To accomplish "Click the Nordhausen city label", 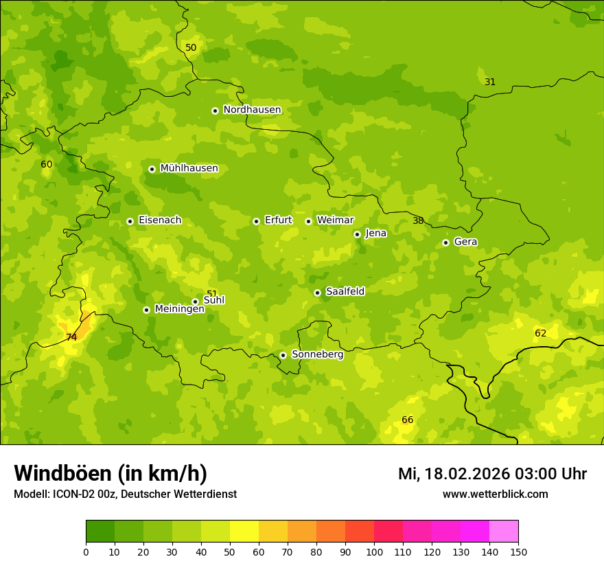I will coord(252,110).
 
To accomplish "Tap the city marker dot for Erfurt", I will coord(256,221).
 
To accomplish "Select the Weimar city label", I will coord(335,220).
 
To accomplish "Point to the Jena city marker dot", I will coord(357,234).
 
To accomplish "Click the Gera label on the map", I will coord(465,242).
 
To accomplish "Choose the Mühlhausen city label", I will coord(189,168).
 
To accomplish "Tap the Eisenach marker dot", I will coord(130,221).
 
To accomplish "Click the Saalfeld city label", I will coord(345,291).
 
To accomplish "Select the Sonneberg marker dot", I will coord(283,355).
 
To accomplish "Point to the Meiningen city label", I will coord(179,309).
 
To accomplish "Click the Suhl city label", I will coord(214,300).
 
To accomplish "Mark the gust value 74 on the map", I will coord(71,337).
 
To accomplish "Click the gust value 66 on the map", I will coord(408,420).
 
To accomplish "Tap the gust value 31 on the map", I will coord(490,82).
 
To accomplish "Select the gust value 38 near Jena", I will coord(418,220).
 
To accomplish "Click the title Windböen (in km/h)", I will coord(111,473).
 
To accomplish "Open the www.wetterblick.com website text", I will coord(495,494).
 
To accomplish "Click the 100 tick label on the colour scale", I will coord(374,551).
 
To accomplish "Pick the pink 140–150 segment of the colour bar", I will coord(504,532).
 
